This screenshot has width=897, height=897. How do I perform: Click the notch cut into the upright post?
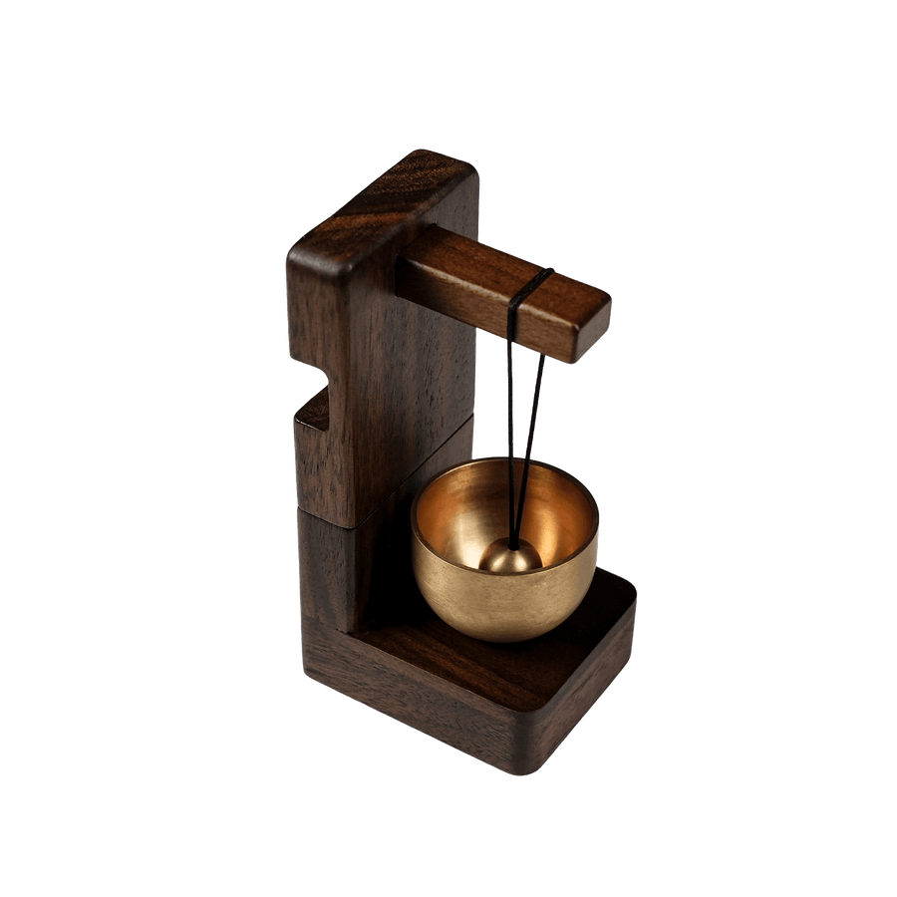coord(317,409)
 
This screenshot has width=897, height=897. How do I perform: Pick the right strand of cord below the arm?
coord(533,419)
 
